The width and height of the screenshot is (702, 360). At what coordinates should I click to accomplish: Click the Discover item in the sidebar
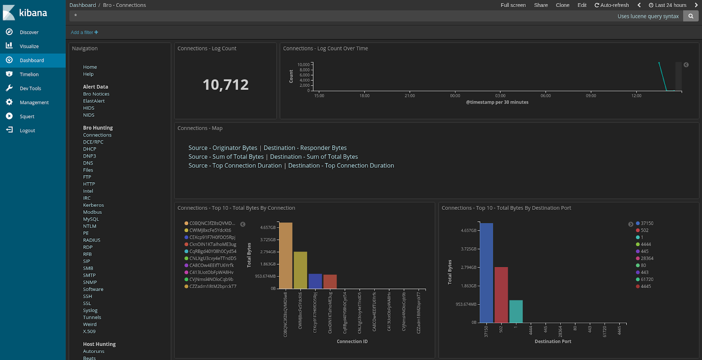point(29,32)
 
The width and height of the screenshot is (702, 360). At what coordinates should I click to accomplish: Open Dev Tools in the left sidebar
point(30,88)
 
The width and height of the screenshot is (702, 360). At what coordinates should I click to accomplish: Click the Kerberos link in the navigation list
point(93,205)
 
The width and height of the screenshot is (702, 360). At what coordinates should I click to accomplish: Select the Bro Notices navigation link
point(96,94)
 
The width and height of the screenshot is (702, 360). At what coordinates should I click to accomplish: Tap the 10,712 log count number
point(226,85)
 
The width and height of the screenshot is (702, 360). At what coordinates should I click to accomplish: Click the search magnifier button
point(691,16)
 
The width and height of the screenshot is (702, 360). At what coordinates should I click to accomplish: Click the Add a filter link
point(84,32)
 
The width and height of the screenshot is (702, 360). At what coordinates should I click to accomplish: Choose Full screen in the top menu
point(513,5)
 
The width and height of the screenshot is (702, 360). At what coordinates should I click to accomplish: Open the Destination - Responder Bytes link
point(305,148)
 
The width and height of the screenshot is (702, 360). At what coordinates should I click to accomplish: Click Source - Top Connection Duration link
point(235,166)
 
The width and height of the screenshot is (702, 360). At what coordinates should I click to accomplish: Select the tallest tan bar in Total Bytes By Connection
point(286,256)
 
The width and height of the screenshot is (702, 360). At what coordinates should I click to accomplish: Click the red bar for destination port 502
point(501,295)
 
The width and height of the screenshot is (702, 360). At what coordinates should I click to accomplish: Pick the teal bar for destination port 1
point(516,311)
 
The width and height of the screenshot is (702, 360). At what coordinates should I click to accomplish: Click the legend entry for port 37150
point(647,223)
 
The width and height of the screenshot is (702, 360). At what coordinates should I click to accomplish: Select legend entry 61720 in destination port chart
point(647,279)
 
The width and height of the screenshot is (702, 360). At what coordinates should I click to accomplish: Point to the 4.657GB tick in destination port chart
point(468,230)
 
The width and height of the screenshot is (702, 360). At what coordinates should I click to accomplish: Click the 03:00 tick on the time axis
point(500,96)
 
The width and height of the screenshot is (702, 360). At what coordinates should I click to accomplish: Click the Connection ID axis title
point(352,341)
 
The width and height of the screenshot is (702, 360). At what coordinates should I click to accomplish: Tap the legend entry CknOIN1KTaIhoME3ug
point(212,244)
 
